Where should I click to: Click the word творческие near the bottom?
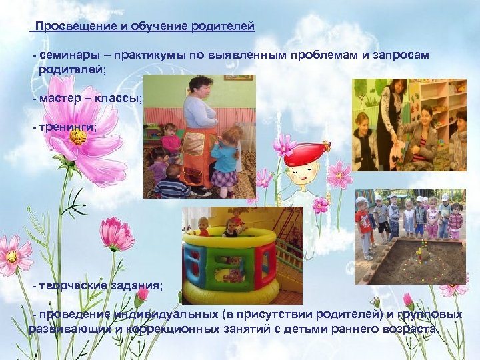(69, 285)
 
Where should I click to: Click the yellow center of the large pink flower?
(78, 137)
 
